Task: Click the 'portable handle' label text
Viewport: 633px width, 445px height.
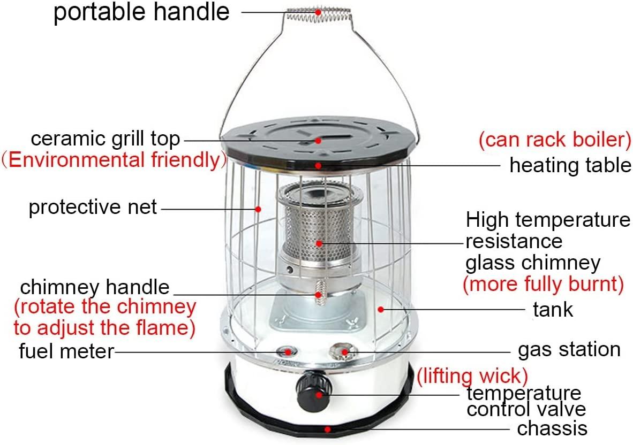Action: (142, 12)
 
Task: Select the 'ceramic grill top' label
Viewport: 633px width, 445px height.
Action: (105, 140)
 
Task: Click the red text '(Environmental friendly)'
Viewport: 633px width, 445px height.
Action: (115, 160)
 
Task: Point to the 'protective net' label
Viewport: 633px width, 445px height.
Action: (93, 207)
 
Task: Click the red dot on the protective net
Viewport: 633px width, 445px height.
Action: (258, 209)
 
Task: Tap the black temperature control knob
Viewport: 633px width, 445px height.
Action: (314, 392)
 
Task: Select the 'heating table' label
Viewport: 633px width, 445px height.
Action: (570, 165)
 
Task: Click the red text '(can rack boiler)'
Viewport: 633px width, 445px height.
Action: (555, 140)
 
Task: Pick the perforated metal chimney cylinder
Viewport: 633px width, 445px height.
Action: (319, 234)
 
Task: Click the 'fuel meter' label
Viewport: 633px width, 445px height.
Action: (66, 351)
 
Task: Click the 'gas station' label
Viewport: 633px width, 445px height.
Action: (569, 350)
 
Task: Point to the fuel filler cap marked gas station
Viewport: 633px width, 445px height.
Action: (343, 352)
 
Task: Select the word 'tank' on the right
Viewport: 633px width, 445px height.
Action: (553, 310)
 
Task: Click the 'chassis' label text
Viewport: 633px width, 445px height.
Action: (552, 428)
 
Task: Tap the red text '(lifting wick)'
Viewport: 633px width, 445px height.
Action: (472, 376)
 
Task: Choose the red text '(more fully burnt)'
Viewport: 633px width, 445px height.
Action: (544, 284)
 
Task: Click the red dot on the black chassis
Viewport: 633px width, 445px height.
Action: (328, 429)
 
